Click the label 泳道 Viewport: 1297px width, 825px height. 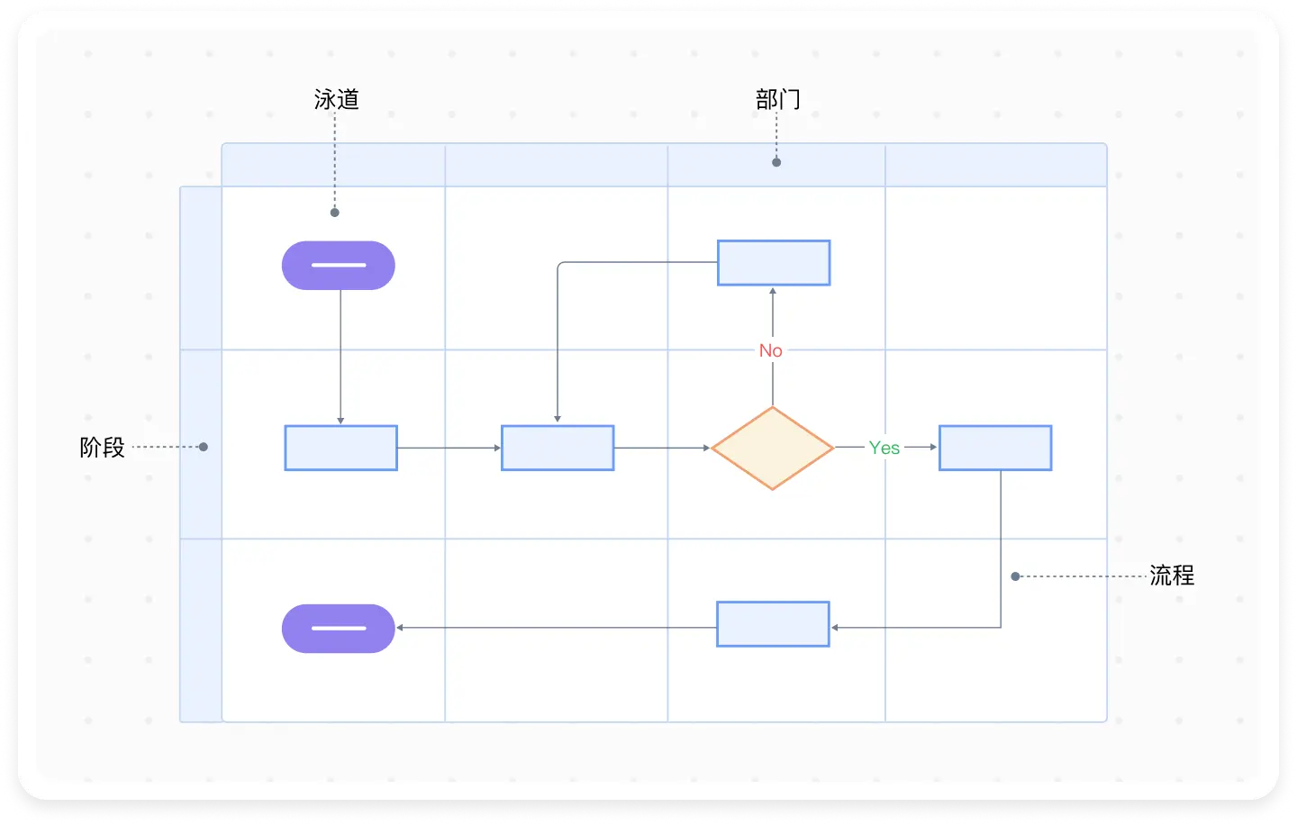[x=337, y=99]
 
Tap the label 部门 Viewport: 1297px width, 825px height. [x=778, y=99]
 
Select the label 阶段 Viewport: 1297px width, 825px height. [x=103, y=448]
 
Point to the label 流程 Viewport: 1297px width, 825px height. [x=1172, y=576]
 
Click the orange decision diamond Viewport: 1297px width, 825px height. [x=773, y=448]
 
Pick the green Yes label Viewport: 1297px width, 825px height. [x=884, y=448]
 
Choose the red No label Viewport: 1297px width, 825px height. [x=771, y=350]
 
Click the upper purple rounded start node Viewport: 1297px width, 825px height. [x=339, y=266]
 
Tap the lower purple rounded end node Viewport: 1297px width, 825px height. [x=339, y=628]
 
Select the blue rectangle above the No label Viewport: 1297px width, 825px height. [x=774, y=263]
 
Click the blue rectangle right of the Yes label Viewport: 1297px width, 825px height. [x=995, y=448]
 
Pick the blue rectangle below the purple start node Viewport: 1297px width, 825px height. [x=341, y=448]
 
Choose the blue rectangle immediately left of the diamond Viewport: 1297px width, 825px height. [x=558, y=448]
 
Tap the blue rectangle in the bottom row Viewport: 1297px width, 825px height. [x=773, y=624]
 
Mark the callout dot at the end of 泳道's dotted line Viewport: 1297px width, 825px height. [x=335, y=213]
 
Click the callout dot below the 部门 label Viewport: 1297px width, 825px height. [x=776, y=162]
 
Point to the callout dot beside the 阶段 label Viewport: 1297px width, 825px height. [x=204, y=447]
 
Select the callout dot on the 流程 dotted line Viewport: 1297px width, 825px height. [x=1015, y=576]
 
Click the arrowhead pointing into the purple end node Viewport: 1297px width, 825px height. [x=400, y=628]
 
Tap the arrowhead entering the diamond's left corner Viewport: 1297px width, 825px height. [x=707, y=448]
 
